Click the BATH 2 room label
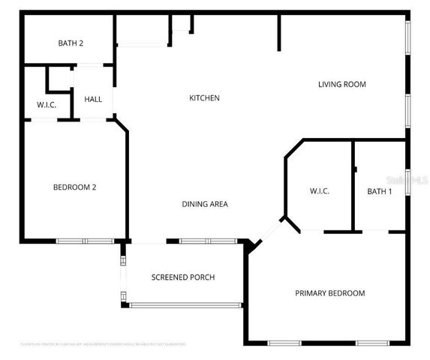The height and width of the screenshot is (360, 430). point(71,43)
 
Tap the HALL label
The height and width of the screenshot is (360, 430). point(93,99)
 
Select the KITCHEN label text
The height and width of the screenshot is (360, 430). point(203,98)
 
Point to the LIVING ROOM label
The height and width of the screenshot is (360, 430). point(341,85)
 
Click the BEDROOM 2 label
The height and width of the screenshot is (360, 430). point(74,187)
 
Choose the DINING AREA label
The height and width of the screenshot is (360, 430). point(205,204)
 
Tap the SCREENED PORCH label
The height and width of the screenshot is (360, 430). point(183,277)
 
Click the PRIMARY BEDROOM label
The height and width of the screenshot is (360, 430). point(329,293)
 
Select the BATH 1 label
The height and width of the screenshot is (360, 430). point(379,192)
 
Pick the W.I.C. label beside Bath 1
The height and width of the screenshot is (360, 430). point(319,192)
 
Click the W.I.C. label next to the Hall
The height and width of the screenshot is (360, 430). point(47,105)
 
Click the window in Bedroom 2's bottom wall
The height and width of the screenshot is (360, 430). point(84,241)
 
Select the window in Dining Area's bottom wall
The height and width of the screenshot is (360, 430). point(207,241)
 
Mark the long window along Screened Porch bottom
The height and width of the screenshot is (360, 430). point(185,304)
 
